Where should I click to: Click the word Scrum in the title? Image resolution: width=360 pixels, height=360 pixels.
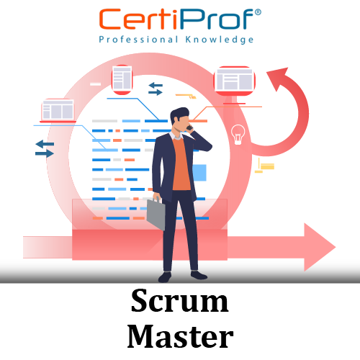click(x=180, y=301)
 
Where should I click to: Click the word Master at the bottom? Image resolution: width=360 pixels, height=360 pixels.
click(x=180, y=336)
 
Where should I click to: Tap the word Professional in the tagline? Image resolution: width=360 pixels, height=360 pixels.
click(x=139, y=40)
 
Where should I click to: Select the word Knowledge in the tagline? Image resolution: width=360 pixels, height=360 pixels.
click(x=220, y=40)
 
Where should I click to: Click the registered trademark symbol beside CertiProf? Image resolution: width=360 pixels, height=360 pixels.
click(x=258, y=12)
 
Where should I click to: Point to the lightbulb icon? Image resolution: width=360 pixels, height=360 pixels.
click(x=238, y=135)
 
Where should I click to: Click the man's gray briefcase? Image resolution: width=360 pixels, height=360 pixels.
click(x=156, y=213)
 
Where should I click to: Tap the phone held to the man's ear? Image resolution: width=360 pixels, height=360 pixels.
click(x=190, y=127)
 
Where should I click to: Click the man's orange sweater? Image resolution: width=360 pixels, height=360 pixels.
click(x=181, y=165)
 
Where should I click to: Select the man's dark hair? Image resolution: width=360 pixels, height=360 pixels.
click(x=179, y=114)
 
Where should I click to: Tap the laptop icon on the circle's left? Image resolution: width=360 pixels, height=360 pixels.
click(x=58, y=111)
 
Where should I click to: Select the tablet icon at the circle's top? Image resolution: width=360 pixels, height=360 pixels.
click(x=122, y=79)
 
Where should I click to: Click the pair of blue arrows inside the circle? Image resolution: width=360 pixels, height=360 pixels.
click(x=156, y=89)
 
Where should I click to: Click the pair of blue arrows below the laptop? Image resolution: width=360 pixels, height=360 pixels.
click(x=45, y=149)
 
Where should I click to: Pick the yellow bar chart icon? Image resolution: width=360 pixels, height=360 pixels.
click(x=264, y=166)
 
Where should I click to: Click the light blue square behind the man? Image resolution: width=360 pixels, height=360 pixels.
click(x=199, y=173)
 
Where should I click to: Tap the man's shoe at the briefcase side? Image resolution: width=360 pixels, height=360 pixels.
click(x=165, y=277)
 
